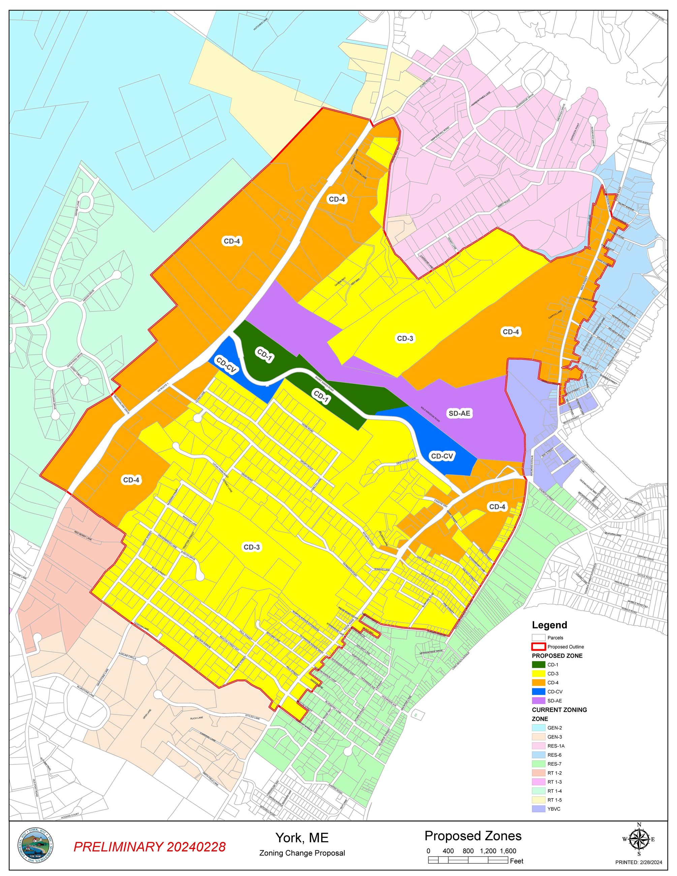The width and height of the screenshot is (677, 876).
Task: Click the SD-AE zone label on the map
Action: (x=459, y=413)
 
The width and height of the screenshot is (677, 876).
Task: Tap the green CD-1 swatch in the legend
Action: (x=538, y=665)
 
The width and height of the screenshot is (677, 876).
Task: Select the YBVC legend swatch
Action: (x=538, y=809)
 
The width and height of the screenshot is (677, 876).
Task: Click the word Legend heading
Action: (x=550, y=625)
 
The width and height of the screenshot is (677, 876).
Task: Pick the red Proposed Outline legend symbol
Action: (x=538, y=647)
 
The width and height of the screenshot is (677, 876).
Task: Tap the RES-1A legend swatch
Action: (x=538, y=746)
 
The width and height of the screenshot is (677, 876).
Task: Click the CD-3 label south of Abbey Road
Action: (x=405, y=338)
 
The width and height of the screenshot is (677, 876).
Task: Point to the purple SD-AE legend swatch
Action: (x=538, y=701)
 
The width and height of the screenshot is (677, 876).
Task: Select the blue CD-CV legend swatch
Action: (x=538, y=691)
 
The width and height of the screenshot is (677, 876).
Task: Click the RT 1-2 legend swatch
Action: (x=538, y=773)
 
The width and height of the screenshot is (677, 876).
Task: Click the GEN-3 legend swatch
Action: (x=538, y=737)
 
